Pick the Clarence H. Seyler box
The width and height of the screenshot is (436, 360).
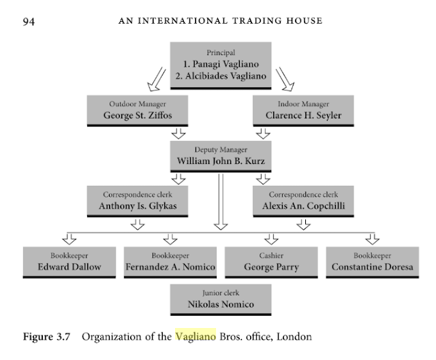click(x=303, y=110)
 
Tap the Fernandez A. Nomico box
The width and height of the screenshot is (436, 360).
click(x=170, y=261)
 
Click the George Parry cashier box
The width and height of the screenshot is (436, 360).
click(x=270, y=261)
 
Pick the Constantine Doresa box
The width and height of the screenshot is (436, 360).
click(x=371, y=261)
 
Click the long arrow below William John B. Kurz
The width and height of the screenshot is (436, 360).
click(x=219, y=201)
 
